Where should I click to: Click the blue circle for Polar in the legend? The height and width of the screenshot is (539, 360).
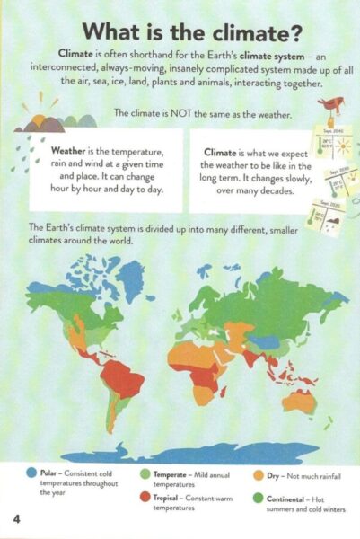[32, 472]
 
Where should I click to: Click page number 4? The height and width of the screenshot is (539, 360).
[15, 520]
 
